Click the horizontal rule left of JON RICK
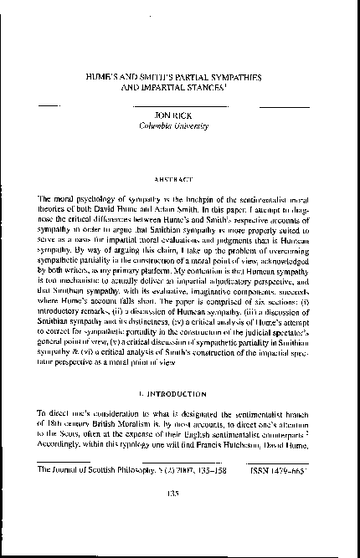point(49,107)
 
